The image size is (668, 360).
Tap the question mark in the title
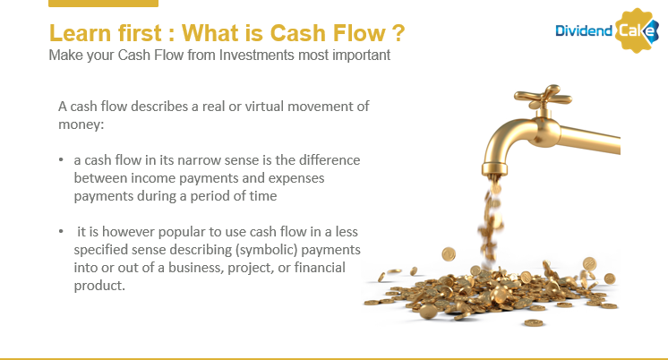tap(397, 33)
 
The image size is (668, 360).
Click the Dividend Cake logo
tap(606, 30)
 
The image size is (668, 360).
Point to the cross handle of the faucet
tap(543, 97)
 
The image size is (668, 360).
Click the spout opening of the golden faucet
tap(494, 170)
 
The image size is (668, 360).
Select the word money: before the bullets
tap(81, 124)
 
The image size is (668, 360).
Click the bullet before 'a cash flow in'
tap(61, 159)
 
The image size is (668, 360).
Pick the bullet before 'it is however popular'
tap(61, 231)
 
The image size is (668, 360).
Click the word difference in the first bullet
tap(330, 159)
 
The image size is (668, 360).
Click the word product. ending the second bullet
tap(99, 286)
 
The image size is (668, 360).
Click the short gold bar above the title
tap(104, 4)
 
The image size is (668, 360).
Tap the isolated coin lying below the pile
tap(535, 323)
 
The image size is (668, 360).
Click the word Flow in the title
tap(359, 33)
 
